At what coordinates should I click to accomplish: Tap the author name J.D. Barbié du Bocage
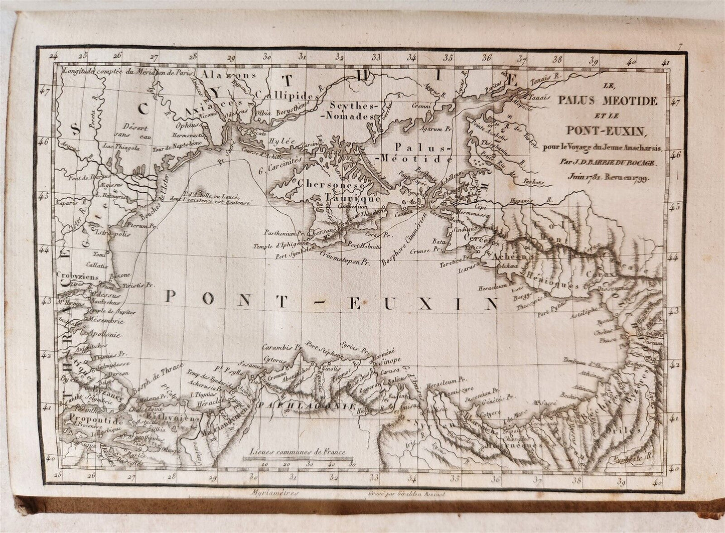pyautogui.click(x=606, y=162)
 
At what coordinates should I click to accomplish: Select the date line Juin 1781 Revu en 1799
pyautogui.click(x=608, y=177)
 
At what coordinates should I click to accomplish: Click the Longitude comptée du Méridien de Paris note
pyautogui.click(x=128, y=72)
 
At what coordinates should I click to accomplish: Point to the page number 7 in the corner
pyautogui.click(x=679, y=48)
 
